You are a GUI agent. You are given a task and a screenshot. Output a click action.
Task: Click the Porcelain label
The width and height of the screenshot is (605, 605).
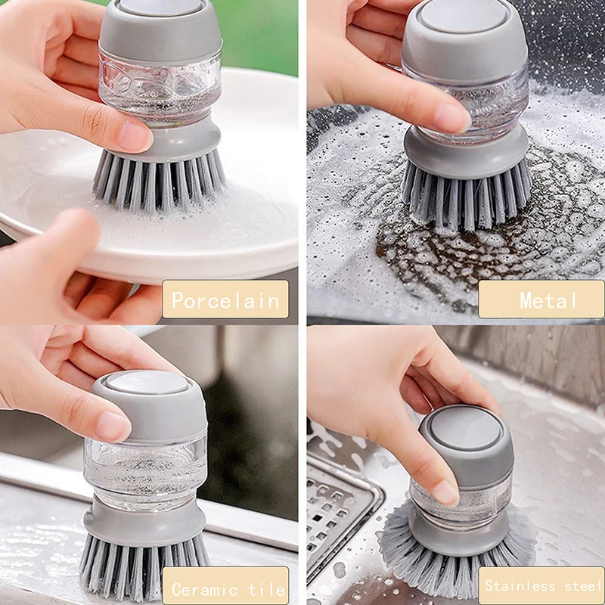point(225,299)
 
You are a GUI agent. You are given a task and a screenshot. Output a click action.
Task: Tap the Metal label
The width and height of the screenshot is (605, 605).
point(541,299)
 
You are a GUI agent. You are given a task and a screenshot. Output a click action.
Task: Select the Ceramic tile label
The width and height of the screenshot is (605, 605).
point(225,585)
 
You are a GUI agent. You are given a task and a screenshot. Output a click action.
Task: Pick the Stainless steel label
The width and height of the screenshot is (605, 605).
point(541,585)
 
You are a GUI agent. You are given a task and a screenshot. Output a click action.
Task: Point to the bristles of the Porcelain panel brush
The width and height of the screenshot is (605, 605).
point(159,180)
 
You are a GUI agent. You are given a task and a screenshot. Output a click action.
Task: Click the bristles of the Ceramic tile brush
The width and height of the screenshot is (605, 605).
point(144,564)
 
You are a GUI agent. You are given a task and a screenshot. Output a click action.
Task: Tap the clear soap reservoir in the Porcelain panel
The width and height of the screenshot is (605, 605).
point(160,89)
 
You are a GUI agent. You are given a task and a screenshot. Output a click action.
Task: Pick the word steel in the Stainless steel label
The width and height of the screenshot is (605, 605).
point(582,585)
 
